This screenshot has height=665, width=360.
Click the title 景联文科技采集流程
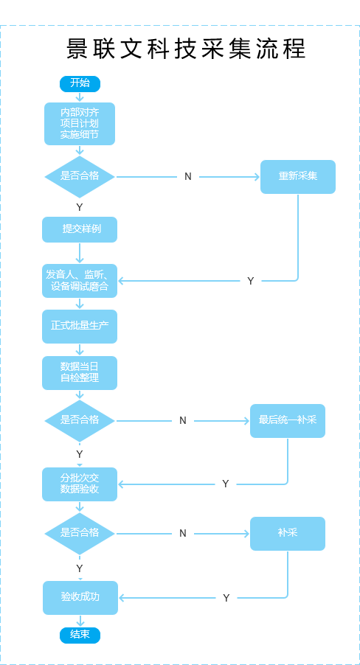pos(186,49)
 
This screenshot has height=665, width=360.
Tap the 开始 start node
pos(80,83)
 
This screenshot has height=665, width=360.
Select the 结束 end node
pos(80,635)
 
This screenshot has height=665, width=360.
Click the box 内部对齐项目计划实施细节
pos(80,123)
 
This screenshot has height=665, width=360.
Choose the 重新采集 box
pos(297,176)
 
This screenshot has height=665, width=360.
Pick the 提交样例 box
pos(80,229)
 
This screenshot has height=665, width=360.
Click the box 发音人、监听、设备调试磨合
pos(80,281)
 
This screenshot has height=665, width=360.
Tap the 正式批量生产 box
pos(80,326)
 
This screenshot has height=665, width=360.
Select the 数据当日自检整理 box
pos(80,372)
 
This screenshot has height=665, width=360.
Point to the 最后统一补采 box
pos(287,420)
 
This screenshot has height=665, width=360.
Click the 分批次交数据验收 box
pos(80,484)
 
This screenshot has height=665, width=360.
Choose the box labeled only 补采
pos(287,533)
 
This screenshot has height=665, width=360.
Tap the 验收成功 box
pos(80,597)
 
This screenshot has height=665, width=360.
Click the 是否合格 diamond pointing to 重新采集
pos(80,176)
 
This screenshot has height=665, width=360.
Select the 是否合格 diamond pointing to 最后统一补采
pos(80,420)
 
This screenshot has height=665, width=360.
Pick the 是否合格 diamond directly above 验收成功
pos(80,533)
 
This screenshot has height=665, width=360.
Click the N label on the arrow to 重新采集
pos(188,177)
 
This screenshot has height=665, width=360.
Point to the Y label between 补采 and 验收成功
pos(226,598)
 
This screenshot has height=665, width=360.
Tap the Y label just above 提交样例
pos(80,207)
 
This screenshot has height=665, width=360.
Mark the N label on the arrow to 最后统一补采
pos(183,421)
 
